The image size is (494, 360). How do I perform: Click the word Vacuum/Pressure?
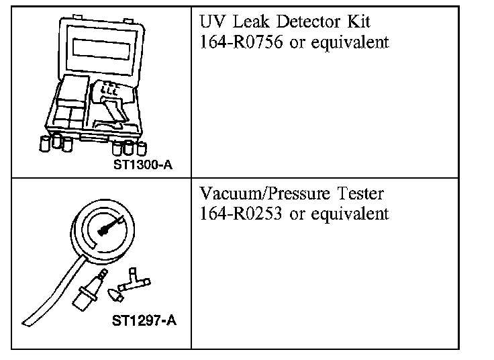259,195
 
